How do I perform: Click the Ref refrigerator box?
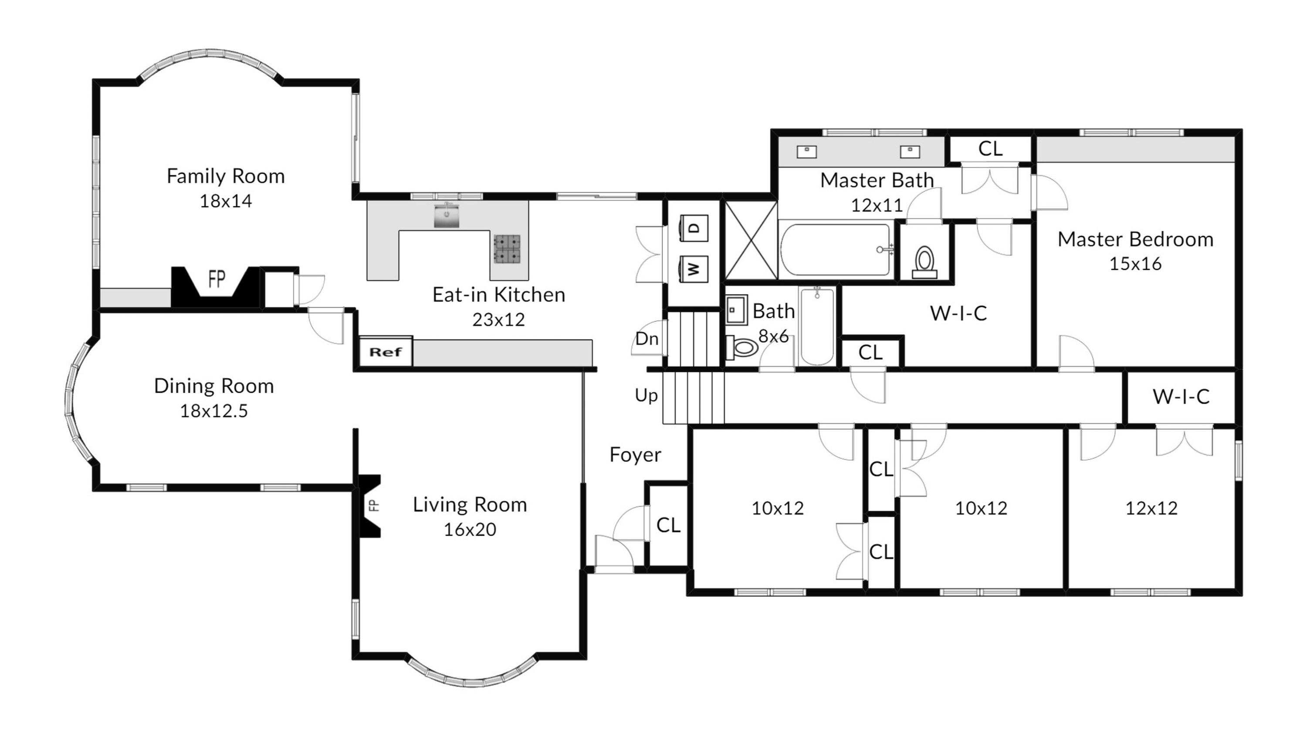pos(386,351)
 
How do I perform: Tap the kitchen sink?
pos(447,215)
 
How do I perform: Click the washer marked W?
pos(694,269)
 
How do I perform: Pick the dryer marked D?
pos(694,228)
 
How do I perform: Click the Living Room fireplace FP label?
pos(373,505)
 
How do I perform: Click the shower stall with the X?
pos(750,240)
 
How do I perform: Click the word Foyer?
pos(635,455)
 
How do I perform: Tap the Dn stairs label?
pos(647,339)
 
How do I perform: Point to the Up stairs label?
pos(646,395)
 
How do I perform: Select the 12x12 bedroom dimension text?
pos(1151,508)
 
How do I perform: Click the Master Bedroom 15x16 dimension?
pos(1135,264)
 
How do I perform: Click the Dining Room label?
pos(214,386)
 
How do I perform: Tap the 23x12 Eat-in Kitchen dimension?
pos(498,320)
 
